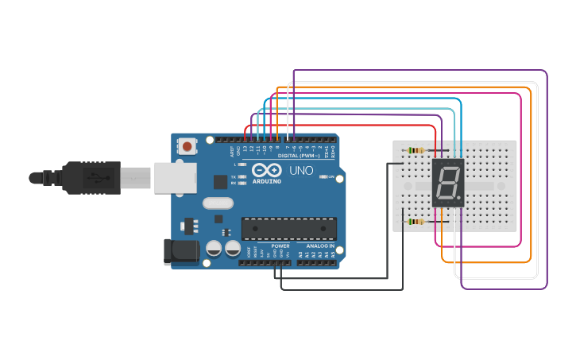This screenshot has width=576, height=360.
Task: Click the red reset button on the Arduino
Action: [187, 145]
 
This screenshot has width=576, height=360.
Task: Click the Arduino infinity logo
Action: [266, 170]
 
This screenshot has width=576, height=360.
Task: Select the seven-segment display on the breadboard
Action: [448, 183]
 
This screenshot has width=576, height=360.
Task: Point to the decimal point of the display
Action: [459, 198]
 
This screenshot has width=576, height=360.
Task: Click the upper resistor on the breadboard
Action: [415, 150]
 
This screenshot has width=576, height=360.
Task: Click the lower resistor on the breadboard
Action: [416, 222]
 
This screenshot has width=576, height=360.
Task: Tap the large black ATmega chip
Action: [288, 228]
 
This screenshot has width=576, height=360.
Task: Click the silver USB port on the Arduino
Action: [174, 178]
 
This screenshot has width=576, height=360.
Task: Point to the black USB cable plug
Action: [91, 177]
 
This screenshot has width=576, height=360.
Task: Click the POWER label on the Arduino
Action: [280, 246]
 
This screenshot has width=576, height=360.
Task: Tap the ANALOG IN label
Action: [320, 246]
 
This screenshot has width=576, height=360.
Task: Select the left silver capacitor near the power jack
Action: [214, 249]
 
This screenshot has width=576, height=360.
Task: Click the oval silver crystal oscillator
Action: [218, 203]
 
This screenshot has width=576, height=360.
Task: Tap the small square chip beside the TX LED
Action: [220, 181]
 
